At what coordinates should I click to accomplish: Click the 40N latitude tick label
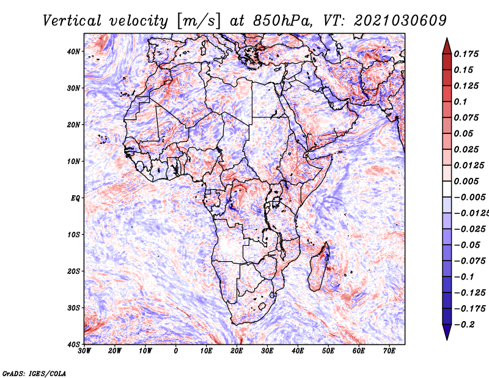(73, 51)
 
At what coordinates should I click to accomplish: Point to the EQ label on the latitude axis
(75, 198)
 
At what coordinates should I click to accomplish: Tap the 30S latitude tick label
(73, 308)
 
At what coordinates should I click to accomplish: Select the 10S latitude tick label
(73, 234)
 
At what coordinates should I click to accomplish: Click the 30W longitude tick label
(84, 351)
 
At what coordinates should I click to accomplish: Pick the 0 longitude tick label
(176, 351)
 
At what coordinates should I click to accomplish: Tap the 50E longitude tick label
(328, 351)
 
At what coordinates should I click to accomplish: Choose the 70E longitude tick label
(389, 351)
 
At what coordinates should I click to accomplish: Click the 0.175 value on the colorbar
(466, 54)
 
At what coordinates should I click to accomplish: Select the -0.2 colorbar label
(465, 325)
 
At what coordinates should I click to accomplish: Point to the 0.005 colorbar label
(466, 181)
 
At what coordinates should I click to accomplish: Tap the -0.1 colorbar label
(465, 277)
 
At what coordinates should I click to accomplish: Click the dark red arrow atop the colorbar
(447, 46)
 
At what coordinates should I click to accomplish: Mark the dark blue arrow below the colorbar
(447, 332)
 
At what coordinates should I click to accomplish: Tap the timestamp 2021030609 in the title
(400, 21)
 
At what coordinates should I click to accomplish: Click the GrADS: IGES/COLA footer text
(34, 374)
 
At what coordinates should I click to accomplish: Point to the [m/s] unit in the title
(199, 21)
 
